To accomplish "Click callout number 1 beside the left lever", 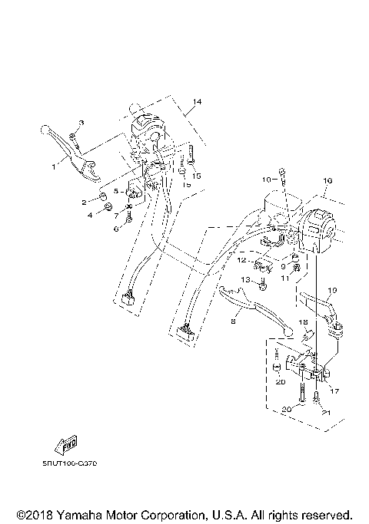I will pyautogui.click(x=55, y=165).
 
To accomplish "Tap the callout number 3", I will pyautogui.click(x=82, y=124).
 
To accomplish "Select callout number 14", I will pyautogui.click(x=197, y=102).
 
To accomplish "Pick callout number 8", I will pyautogui.click(x=233, y=324).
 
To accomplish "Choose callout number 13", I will pyautogui.click(x=247, y=280).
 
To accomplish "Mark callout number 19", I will pyautogui.click(x=333, y=291).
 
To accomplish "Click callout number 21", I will pyautogui.click(x=326, y=413).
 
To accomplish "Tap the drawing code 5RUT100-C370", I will pyautogui.click(x=75, y=463).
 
